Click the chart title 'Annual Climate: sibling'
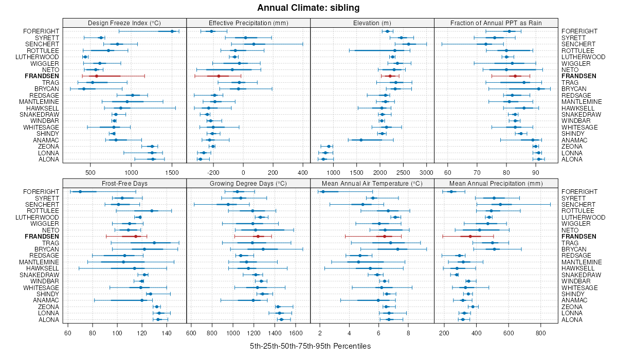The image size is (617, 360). [308, 8]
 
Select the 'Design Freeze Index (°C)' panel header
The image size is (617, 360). [124, 23]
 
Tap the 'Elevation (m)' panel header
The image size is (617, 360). [372, 23]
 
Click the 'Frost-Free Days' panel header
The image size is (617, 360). [124, 183]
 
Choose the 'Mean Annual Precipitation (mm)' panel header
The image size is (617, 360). [496, 183]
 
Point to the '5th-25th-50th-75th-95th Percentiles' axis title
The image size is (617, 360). [310, 346]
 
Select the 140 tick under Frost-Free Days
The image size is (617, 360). [167, 333]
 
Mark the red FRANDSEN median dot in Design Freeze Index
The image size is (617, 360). [96, 76]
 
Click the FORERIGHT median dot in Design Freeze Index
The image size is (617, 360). [172, 31]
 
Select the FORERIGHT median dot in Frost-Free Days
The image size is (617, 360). [80, 192]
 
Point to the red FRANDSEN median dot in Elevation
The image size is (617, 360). [390, 76]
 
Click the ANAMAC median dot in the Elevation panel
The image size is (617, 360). [361, 140]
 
